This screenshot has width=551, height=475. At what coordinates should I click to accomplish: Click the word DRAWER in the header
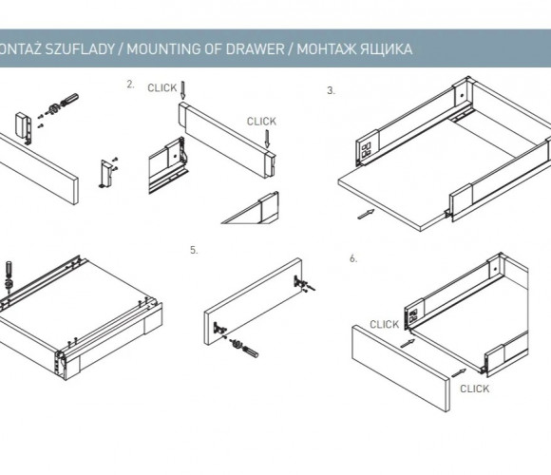(255, 48)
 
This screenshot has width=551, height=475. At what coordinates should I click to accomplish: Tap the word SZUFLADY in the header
(80, 48)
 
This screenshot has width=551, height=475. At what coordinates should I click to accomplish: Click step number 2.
(130, 85)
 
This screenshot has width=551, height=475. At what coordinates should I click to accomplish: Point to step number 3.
(331, 90)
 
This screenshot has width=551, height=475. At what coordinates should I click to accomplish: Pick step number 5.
(194, 250)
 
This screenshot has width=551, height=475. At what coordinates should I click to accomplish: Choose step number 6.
(353, 258)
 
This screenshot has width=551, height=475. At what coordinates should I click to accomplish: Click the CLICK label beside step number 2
(162, 87)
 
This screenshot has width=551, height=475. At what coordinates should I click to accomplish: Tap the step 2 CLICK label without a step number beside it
(261, 122)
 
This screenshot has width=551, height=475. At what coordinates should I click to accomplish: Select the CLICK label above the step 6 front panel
(384, 324)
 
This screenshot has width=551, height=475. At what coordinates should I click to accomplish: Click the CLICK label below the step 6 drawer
(474, 389)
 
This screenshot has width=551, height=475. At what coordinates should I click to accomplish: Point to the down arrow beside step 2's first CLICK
(182, 90)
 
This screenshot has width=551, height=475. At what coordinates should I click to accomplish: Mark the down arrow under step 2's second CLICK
(267, 139)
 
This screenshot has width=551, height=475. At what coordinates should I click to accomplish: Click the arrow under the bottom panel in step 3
(366, 214)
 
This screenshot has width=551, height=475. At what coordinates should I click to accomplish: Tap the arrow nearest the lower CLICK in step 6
(458, 373)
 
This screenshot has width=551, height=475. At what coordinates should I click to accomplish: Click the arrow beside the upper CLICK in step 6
(408, 343)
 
